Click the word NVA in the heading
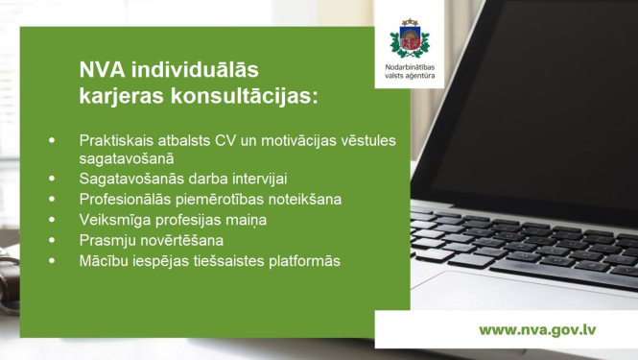click(x=100, y=71)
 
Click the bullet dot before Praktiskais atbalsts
click(x=52, y=139)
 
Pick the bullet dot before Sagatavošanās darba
click(x=52, y=179)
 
